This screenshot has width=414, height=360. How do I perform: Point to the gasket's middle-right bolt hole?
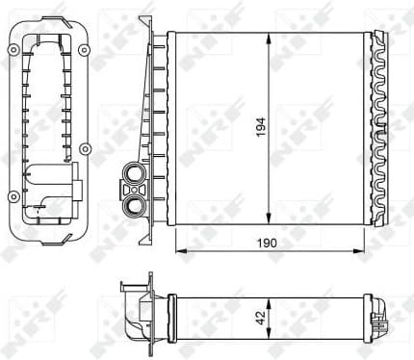pyautogui.click(x=85, y=147)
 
